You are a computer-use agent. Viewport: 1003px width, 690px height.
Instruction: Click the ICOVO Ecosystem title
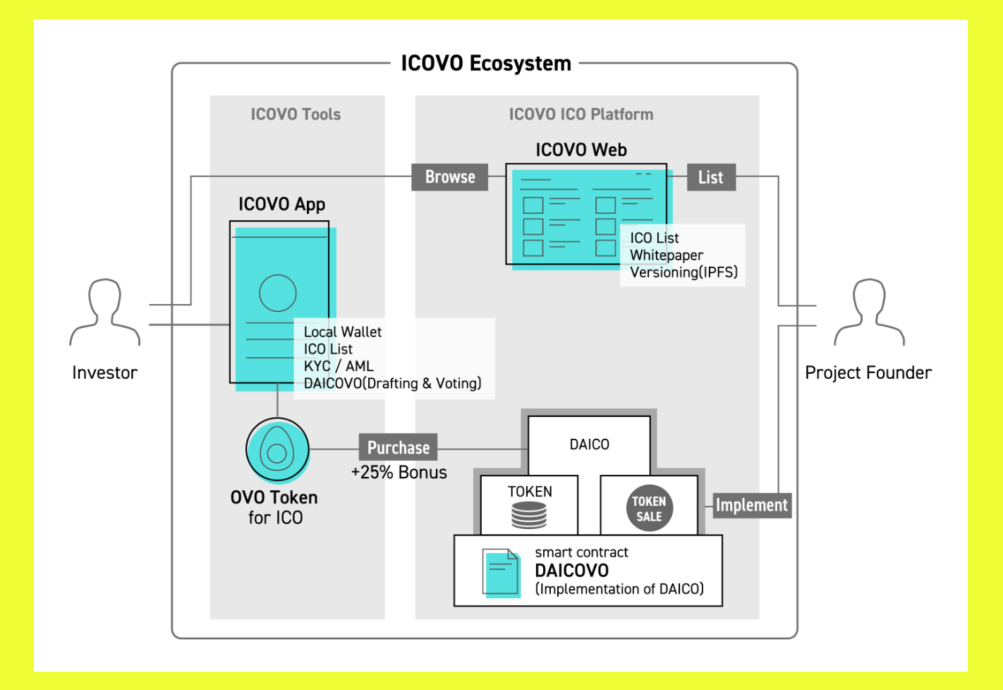point(486,63)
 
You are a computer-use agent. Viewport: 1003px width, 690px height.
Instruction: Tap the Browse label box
point(450,177)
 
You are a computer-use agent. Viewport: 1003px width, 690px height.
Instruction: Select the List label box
point(711,178)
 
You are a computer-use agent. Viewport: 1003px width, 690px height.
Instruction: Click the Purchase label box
point(399,448)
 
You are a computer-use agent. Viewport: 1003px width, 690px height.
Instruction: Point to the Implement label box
point(752,505)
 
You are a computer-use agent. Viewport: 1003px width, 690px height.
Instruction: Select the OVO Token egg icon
point(277,450)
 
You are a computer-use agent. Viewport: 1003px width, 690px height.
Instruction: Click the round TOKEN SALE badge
point(649,509)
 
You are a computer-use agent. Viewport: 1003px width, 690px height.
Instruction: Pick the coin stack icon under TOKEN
point(529,515)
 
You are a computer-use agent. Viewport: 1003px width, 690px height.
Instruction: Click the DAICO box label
point(590,444)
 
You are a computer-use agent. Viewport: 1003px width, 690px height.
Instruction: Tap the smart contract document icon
point(501,572)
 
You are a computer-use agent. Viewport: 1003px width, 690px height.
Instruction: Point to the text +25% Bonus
point(399,473)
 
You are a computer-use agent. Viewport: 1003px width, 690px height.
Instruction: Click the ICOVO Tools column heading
point(296,114)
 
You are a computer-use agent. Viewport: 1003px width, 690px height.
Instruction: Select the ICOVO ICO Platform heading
point(581,114)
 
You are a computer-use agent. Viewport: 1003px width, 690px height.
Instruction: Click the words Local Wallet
point(343,332)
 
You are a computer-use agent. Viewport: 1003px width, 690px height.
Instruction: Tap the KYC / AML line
point(339,366)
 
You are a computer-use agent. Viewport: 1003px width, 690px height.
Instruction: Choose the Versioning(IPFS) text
point(683,272)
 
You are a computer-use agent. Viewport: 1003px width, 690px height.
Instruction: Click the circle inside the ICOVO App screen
point(278,293)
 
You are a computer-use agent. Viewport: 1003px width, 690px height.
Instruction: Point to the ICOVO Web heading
point(581,150)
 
